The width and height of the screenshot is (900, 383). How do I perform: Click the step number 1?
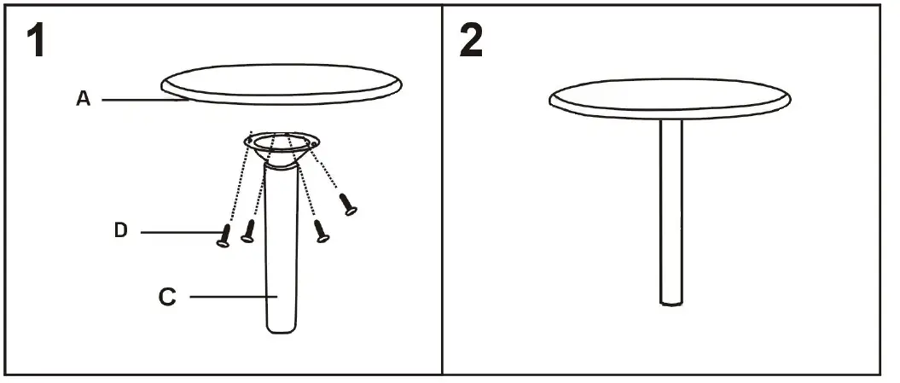click(x=34, y=40)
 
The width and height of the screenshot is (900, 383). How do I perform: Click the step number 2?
click(x=472, y=40)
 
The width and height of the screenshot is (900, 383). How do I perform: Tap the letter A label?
click(x=84, y=99)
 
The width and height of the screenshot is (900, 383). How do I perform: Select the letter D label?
click(x=121, y=230)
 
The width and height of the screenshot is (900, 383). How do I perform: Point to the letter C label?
click(x=167, y=297)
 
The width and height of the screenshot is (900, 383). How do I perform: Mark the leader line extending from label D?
click(x=175, y=232)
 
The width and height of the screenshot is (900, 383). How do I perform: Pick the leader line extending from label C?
click(x=230, y=297)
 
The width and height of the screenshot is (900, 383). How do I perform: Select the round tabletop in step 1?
click(x=282, y=84)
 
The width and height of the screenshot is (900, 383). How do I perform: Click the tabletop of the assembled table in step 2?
click(x=671, y=97)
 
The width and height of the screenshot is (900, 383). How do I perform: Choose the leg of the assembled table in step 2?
click(x=672, y=213)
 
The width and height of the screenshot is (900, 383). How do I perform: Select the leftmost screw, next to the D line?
click(x=224, y=235)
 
